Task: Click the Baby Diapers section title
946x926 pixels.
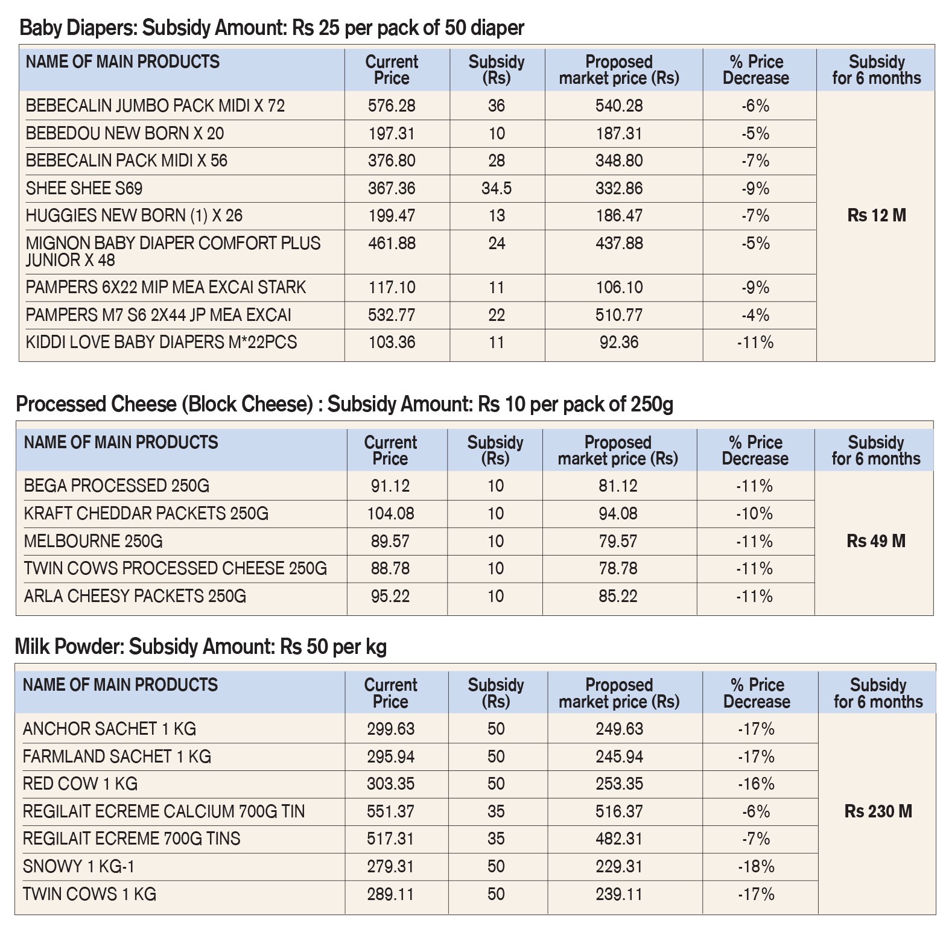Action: pyautogui.click(x=272, y=28)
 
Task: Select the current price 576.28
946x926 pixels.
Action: pyautogui.click(x=392, y=106)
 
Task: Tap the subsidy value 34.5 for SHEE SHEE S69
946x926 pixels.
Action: pyautogui.click(x=497, y=188)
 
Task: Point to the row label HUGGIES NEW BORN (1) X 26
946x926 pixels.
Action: pyautogui.click(x=134, y=215)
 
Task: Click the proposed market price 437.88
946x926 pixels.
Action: pyautogui.click(x=619, y=243)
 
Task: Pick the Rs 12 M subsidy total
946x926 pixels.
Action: pyautogui.click(x=877, y=215)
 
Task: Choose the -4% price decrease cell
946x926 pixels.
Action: pyautogui.click(x=755, y=315)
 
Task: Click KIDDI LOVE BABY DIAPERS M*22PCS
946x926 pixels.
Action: pyautogui.click(x=161, y=342)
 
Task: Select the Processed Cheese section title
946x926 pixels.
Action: pyautogui.click(x=344, y=404)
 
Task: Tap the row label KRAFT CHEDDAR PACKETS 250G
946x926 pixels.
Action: pyautogui.click(x=146, y=513)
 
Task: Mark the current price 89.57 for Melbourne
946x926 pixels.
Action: pyautogui.click(x=390, y=541)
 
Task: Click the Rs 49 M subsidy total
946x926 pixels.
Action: pyautogui.click(x=876, y=541)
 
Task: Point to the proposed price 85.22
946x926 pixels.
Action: pyautogui.click(x=618, y=596)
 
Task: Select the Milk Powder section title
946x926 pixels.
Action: pyautogui.click(x=200, y=647)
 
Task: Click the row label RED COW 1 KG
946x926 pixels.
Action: pyautogui.click(x=80, y=784)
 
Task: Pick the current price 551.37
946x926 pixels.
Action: pyautogui.click(x=390, y=811)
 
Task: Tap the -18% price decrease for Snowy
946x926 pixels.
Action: pyautogui.click(x=756, y=866)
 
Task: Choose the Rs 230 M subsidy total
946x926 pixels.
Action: pyautogui.click(x=878, y=811)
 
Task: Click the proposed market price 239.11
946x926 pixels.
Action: pyautogui.click(x=619, y=894)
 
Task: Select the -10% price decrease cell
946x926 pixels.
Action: pyautogui.click(x=754, y=513)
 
